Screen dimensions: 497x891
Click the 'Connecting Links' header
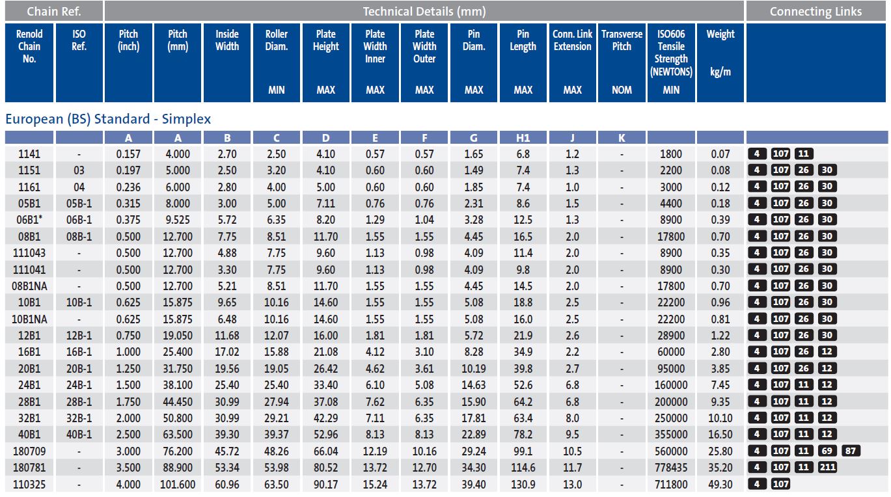[816, 11]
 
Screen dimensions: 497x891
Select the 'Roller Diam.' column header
[277, 40]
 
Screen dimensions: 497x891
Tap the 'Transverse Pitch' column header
[622, 40]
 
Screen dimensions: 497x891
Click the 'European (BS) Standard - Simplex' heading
[108, 119]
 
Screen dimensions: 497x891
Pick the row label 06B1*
[29, 220]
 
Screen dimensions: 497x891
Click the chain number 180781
[29, 467]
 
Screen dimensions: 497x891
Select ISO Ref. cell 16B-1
[79, 352]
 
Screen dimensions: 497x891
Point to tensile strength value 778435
[671, 467]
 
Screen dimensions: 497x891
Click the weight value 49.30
[720, 484]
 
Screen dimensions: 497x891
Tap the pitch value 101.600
[178, 484]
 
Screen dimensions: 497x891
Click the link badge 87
[850, 451]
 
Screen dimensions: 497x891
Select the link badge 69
[825, 451]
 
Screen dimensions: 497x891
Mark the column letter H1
[523, 137]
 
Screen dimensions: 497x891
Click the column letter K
[622, 137]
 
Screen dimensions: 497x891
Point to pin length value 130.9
[523, 484]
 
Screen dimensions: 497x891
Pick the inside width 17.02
[227, 352]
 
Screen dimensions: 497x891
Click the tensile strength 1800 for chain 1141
[671, 154]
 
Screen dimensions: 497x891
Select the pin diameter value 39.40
[474, 484]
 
